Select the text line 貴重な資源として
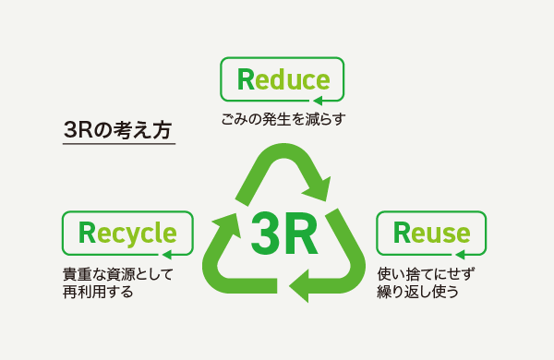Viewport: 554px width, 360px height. coord(118,275)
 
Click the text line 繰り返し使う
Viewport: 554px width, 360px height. coord(418,292)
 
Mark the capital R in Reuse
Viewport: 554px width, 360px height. coord(403,232)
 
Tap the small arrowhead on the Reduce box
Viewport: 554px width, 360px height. coord(317,100)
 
